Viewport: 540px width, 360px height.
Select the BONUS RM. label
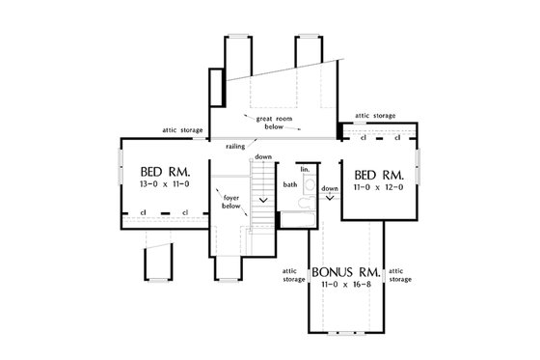pos(343,272)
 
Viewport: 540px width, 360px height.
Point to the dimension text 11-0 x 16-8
pos(343,286)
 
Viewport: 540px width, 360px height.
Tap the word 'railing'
pos(234,146)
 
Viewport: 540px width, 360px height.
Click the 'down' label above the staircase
pos(263,156)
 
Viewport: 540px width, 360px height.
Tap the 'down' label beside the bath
pos(331,188)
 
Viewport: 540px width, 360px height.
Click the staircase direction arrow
pos(262,200)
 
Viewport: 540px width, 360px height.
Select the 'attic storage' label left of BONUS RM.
pos(294,275)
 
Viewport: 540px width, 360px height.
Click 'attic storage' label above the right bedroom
pos(375,115)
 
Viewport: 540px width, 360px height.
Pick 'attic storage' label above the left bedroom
pos(181,129)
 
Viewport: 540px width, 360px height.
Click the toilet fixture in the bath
pos(299,205)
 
